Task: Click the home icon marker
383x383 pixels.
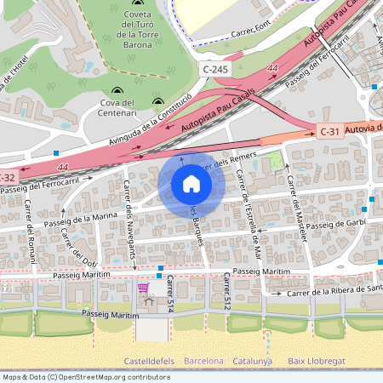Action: point(191,184)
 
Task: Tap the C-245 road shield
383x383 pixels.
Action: point(214,67)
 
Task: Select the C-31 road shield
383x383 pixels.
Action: point(329,131)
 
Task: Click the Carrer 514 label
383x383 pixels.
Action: point(170,291)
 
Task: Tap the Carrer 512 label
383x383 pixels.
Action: point(227,291)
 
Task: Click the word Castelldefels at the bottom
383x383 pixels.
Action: point(150,361)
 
